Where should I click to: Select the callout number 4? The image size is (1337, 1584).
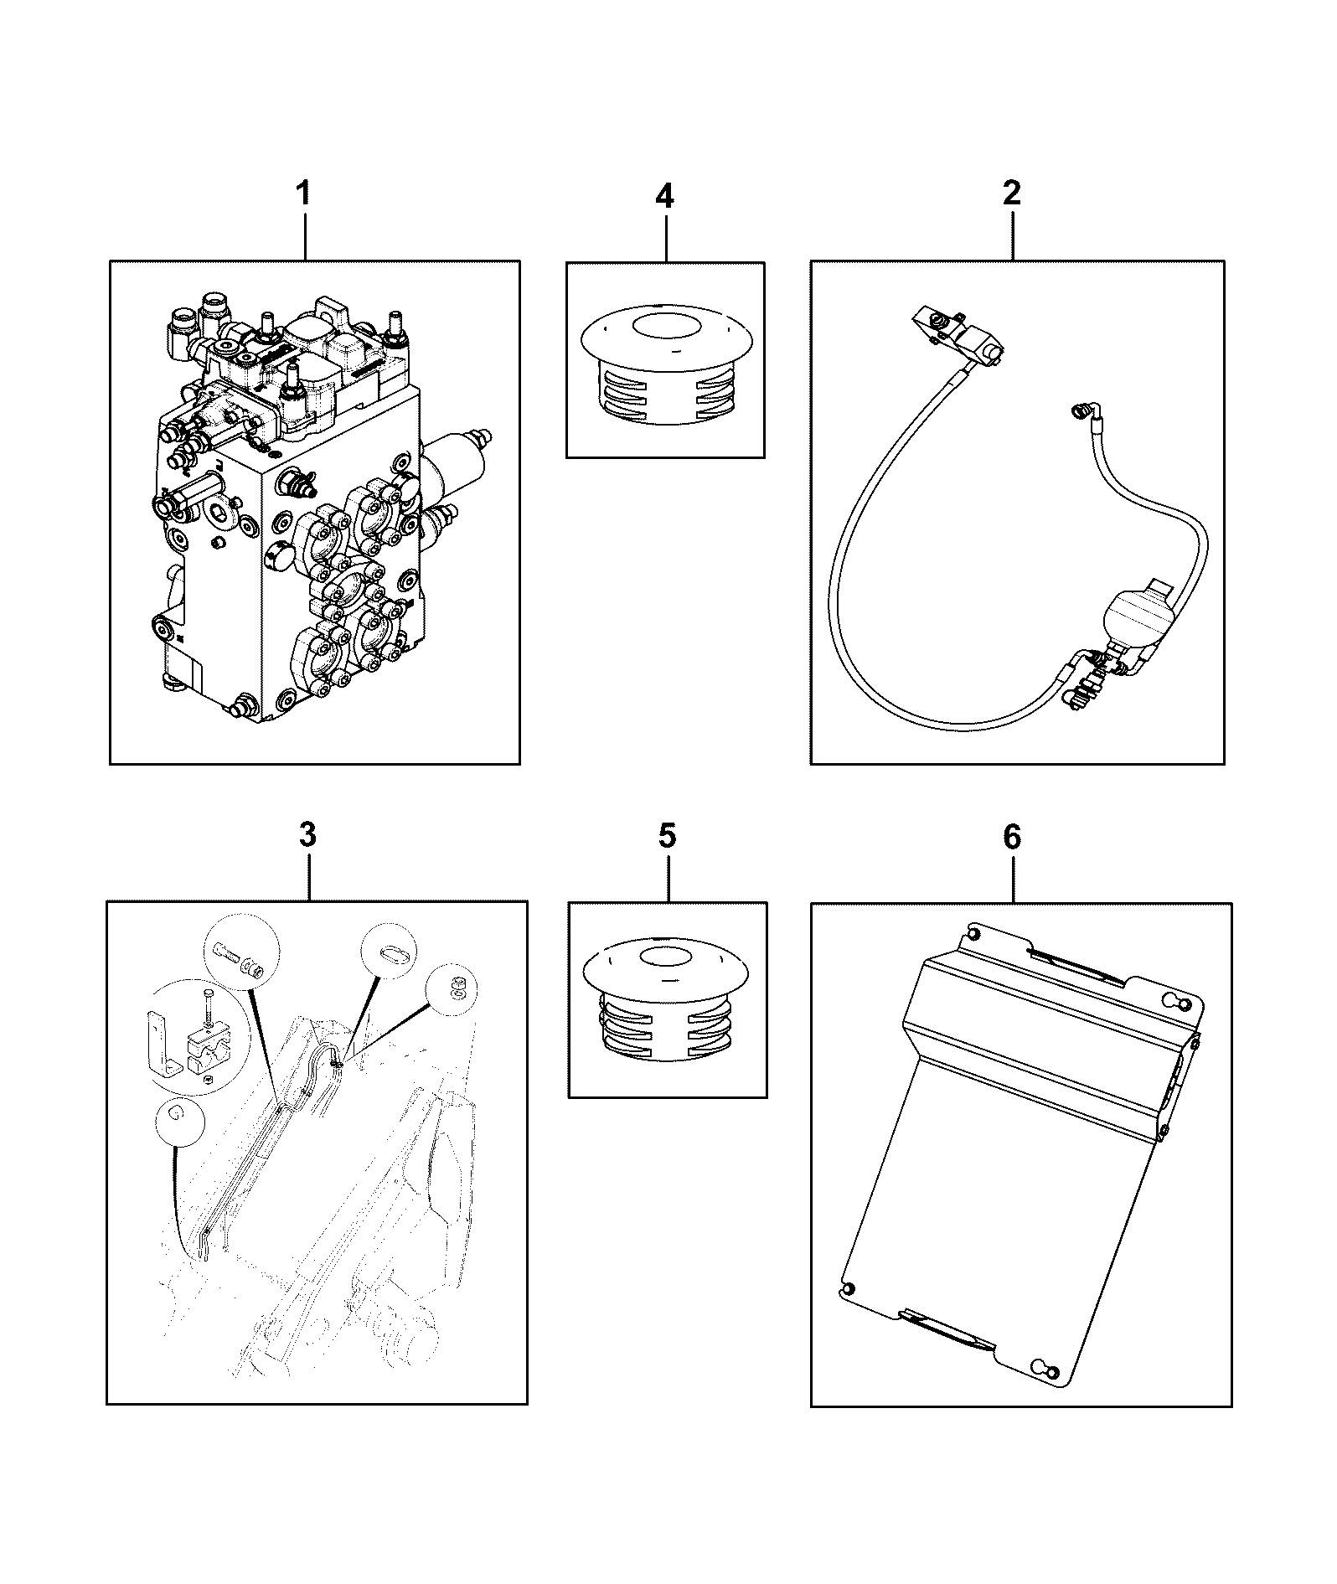click(664, 196)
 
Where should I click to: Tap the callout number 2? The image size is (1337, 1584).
click(1012, 193)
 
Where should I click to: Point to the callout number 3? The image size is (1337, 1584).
click(307, 834)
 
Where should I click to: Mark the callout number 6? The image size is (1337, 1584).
click(1012, 836)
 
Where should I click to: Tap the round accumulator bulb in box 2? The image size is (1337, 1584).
click(1131, 617)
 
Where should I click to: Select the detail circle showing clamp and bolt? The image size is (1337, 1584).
click(194, 1037)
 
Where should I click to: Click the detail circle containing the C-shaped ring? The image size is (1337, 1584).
click(178, 1121)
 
